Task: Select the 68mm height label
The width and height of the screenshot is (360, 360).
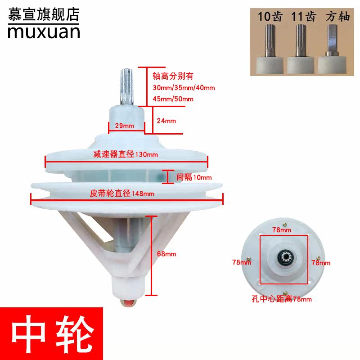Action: (x=167, y=254)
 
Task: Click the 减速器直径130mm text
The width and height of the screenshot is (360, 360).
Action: (x=126, y=155)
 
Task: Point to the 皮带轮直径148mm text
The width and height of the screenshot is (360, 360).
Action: (x=123, y=193)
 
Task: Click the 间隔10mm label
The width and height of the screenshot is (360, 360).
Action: (x=194, y=177)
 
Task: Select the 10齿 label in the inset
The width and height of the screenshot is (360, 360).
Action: (x=269, y=18)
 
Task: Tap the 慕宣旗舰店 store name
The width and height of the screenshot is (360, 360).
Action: (x=43, y=13)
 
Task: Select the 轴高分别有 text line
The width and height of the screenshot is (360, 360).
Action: (x=173, y=76)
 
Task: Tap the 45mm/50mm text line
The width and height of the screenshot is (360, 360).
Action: (x=173, y=99)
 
